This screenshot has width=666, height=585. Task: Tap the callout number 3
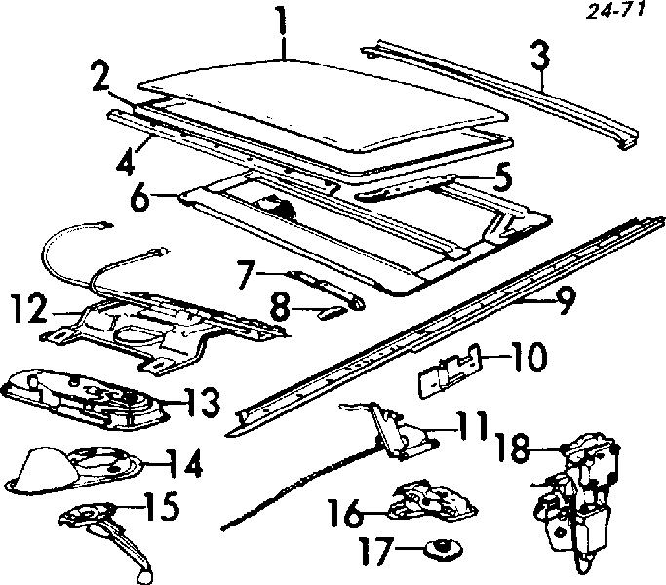tap(541, 56)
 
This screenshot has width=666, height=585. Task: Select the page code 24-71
tap(615, 10)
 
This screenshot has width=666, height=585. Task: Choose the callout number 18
tap(515, 448)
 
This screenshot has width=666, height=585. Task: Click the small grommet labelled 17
tap(445, 549)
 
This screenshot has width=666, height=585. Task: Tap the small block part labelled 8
tap(331, 314)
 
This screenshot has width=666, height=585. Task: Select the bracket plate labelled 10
tap(450, 370)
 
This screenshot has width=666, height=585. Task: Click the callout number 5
tap(501, 177)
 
